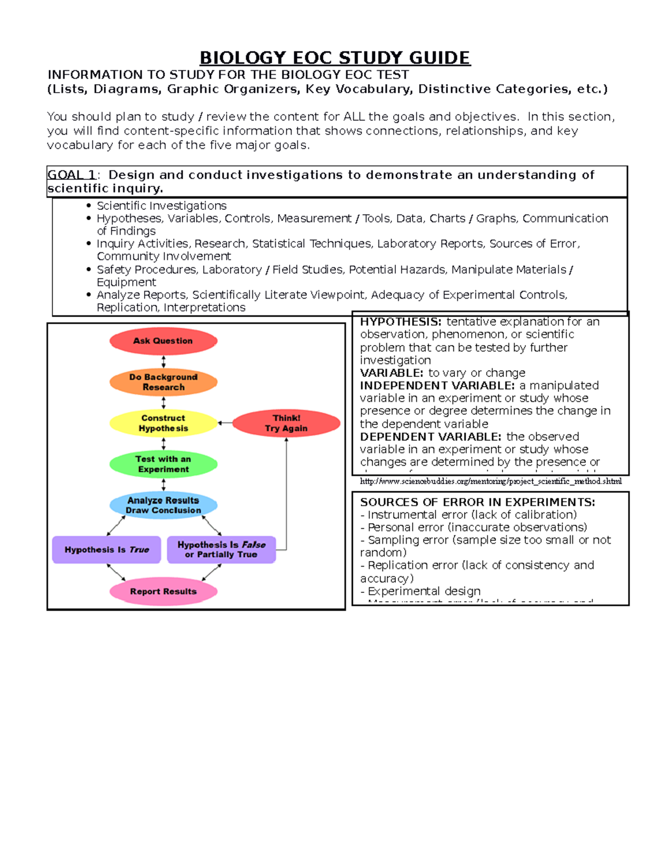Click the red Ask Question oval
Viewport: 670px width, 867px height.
pyautogui.click(x=163, y=341)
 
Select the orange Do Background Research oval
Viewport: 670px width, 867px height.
pyautogui.click(x=163, y=382)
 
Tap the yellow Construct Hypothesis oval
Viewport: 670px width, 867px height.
pyautogui.click(x=163, y=423)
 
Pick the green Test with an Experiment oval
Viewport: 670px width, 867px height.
pyautogui.click(x=163, y=464)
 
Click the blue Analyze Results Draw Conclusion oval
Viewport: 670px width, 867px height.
pyautogui.click(x=163, y=505)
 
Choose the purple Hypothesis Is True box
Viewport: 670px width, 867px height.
pyautogui.click(x=107, y=550)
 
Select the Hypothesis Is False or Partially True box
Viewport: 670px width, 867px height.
pyautogui.click(x=221, y=549)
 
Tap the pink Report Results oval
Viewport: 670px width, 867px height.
pyautogui.click(x=163, y=591)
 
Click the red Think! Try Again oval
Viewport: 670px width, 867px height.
pyautogui.click(x=286, y=423)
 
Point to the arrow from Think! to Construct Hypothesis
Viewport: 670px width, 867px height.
pyautogui.click(x=224, y=423)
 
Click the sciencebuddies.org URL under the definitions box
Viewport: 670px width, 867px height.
pyautogui.click(x=490, y=481)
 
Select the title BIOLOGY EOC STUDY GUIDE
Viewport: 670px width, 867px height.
pyautogui.click(x=335, y=58)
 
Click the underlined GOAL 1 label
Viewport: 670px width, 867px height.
pyautogui.click(x=71, y=175)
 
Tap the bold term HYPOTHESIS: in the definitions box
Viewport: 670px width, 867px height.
pyautogui.click(x=400, y=322)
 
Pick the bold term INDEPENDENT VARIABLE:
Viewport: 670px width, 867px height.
pyautogui.click(x=437, y=386)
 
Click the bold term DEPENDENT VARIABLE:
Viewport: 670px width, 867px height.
pyautogui.click(x=430, y=437)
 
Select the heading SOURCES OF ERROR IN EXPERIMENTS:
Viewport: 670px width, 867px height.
pyautogui.click(x=477, y=502)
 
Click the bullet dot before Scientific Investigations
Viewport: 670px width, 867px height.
pyautogui.click(x=89, y=206)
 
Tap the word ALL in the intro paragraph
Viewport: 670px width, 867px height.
pyautogui.click(x=354, y=117)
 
